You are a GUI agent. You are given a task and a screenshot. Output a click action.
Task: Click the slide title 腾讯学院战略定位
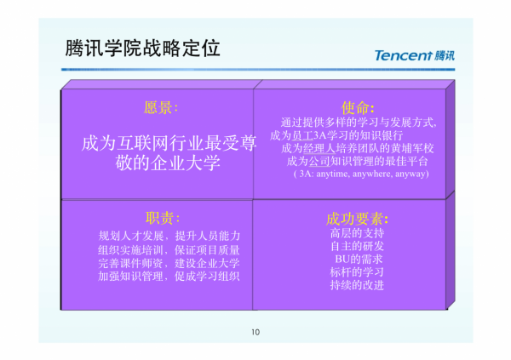142,49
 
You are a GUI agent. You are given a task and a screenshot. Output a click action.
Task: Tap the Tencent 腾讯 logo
415,56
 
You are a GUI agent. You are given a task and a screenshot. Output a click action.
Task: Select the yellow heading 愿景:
162,108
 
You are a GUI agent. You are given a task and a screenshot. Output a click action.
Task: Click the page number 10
255,331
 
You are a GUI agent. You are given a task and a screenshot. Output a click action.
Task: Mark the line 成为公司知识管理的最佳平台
351,161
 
